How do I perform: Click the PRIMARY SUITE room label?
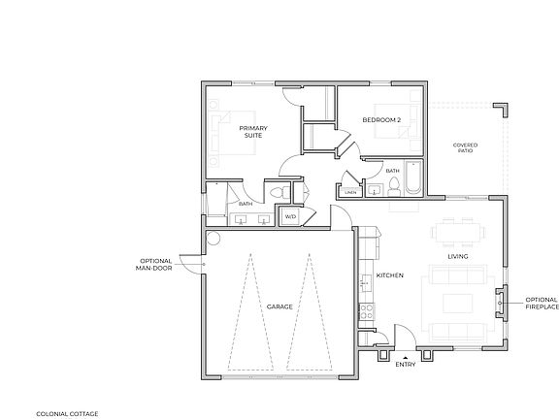(x=253, y=132)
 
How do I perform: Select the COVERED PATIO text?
(x=465, y=148)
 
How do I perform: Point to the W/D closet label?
(x=289, y=216)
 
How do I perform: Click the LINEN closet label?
(x=350, y=192)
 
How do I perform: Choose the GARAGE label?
(x=279, y=306)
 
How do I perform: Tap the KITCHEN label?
(x=389, y=275)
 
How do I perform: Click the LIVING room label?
(x=458, y=256)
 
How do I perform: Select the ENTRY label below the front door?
(x=406, y=366)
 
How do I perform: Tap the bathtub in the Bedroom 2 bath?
(x=408, y=181)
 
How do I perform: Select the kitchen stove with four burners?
(x=367, y=312)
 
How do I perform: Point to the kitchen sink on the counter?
(x=365, y=282)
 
